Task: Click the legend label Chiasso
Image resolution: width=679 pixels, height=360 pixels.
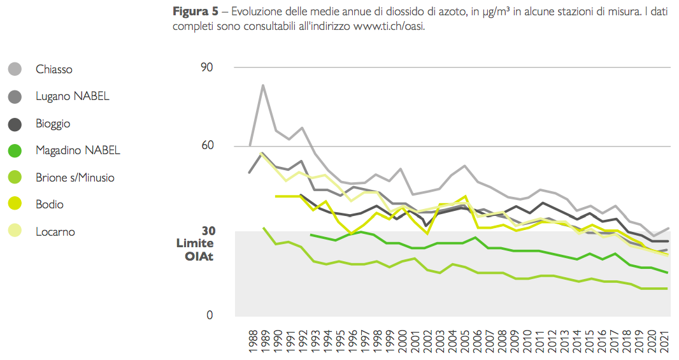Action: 54,69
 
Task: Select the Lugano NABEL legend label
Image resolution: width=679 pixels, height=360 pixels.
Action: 73,96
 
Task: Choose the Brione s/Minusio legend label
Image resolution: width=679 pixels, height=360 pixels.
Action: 75,178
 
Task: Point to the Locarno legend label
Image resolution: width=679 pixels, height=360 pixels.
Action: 55,232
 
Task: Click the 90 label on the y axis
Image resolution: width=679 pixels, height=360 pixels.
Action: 206,67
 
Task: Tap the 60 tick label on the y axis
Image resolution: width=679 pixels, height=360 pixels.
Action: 206,146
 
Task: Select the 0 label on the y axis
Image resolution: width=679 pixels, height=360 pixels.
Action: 210,315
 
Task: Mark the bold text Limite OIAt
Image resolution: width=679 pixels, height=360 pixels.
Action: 195,250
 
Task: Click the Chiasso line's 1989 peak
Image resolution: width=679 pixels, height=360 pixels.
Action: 262,85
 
